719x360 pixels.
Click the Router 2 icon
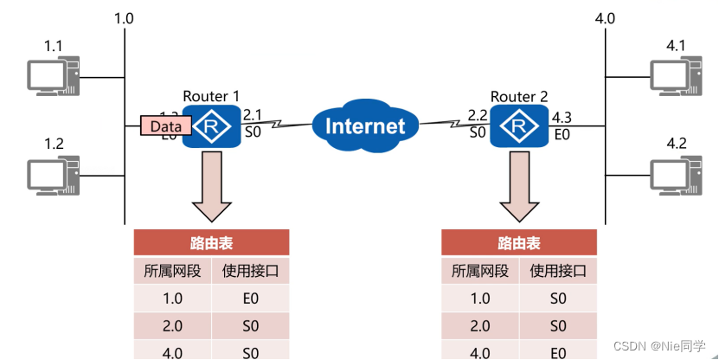pos(518,127)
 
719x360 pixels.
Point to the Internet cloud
pos(364,127)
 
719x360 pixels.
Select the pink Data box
pos(165,126)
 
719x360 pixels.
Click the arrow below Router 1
pos(211,185)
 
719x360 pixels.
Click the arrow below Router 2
pos(519,185)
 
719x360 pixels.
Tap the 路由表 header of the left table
pos(211,243)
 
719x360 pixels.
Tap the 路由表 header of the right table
pos(519,243)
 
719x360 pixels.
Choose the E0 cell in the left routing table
pos(250,299)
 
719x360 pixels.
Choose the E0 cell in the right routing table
pos(558,352)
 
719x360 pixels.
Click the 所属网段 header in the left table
pos(172,271)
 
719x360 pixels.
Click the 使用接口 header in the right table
pos(558,271)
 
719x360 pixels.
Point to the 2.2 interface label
pos(477,114)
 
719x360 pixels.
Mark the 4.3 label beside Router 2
pos(562,117)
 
